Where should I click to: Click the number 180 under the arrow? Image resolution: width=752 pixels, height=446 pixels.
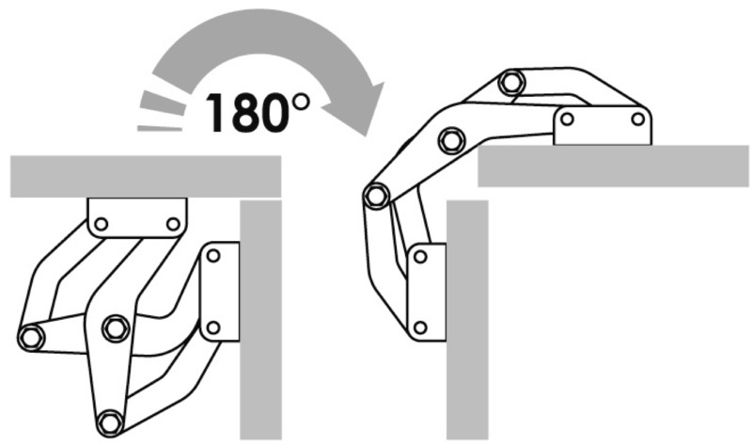pyautogui.click(x=247, y=112)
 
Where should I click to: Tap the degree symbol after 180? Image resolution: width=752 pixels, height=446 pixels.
pyautogui.click(x=301, y=102)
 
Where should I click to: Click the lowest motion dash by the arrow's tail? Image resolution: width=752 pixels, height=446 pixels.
pyautogui.click(x=160, y=128)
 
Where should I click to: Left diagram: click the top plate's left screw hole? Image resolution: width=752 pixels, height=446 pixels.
pyautogui.click(x=102, y=224)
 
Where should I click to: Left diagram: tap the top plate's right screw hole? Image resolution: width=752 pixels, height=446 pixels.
pyautogui.click(x=173, y=224)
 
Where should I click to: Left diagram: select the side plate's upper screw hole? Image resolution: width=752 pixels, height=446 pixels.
pyautogui.click(x=213, y=256)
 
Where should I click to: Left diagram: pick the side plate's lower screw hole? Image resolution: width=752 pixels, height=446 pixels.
pyautogui.click(x=213, y=328)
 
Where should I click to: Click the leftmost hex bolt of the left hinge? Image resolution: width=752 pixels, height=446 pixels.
pyautogui.click(x=31, y=337)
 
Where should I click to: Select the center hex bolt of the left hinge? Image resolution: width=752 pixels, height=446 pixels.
pyautogui.click(x=116, y=328)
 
